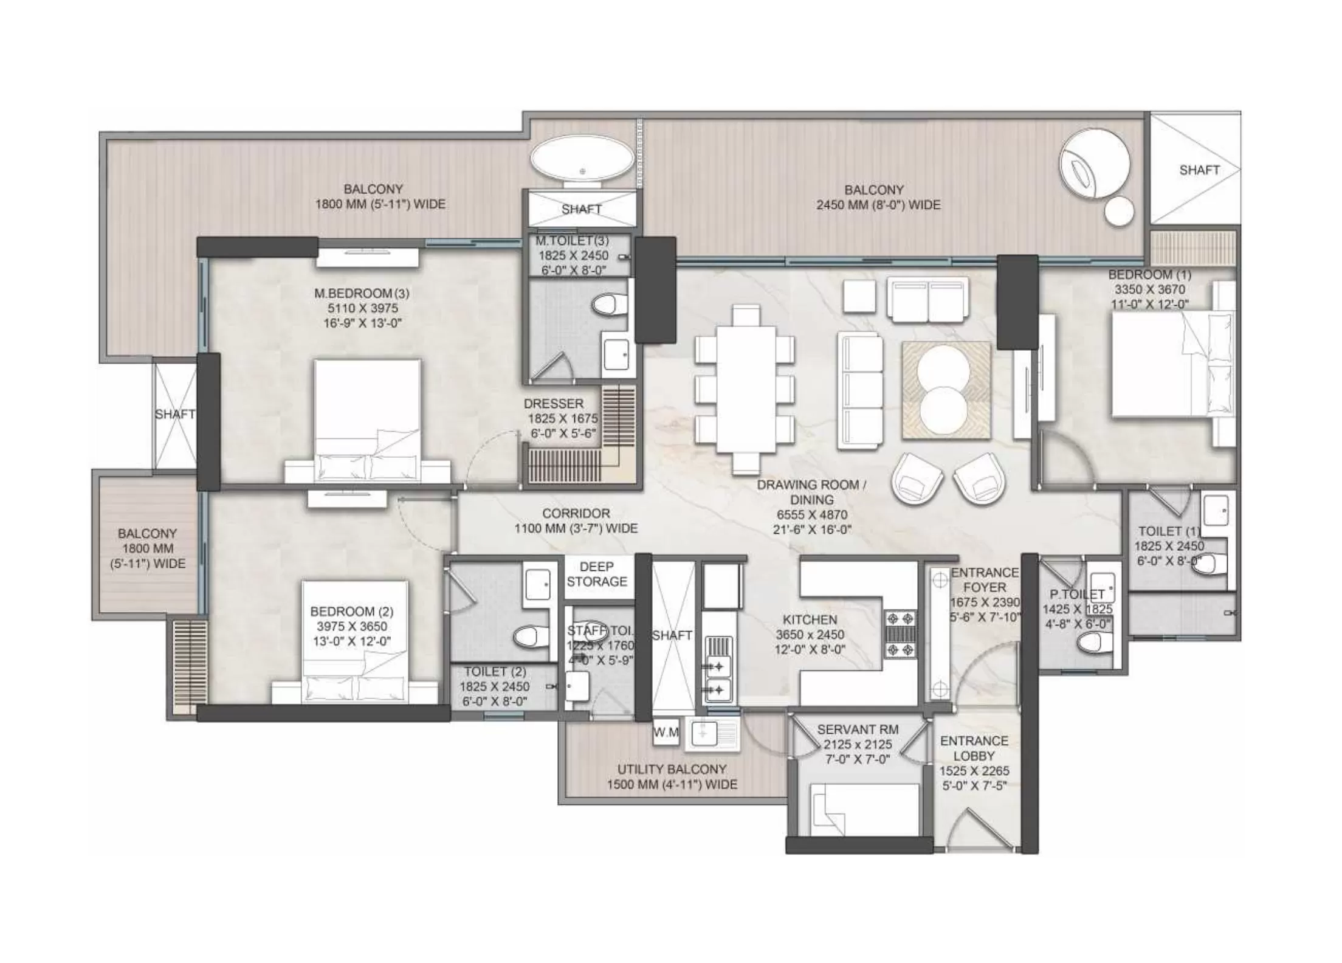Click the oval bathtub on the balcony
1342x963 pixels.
coord(582,161)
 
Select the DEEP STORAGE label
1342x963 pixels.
coord(596,574)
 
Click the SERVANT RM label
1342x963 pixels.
coord(858,729)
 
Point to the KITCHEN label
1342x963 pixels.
coord(810,620)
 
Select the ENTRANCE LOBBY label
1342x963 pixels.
coord(974,748)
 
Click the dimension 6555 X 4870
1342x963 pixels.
coord(811,515)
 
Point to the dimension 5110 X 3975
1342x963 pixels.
coord(362,308)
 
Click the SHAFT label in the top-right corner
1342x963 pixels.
coord(1199,170)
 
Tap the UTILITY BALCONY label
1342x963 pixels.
coord(672,769)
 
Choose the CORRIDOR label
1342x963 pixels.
coord(576,513)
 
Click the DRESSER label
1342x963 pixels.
coord(553,404)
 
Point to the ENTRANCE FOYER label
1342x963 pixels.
coord(985,580)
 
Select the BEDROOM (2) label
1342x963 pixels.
coord(351,611)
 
